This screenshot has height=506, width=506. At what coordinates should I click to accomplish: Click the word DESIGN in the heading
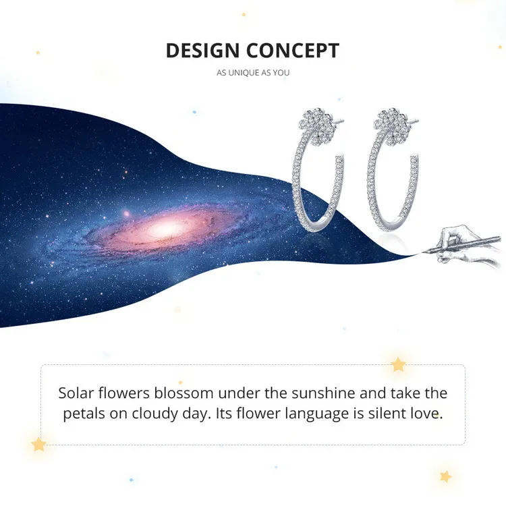[202, 51]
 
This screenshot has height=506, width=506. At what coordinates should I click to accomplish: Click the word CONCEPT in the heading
[293, 51]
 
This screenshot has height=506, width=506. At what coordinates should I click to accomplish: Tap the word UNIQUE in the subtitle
[244, 73]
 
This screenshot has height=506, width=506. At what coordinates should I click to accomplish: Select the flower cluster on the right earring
[390, 125]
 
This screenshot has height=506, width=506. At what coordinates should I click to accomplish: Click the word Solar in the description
[76, 393]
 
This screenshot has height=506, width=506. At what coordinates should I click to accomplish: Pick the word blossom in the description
[184, 393]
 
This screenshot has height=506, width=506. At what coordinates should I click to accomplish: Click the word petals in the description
[84, 414]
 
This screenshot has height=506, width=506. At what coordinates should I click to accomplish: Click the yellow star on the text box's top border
[398, 364]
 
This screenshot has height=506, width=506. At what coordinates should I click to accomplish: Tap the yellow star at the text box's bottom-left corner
[38, 445]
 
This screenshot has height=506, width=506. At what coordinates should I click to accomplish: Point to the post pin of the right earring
[412, 121]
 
